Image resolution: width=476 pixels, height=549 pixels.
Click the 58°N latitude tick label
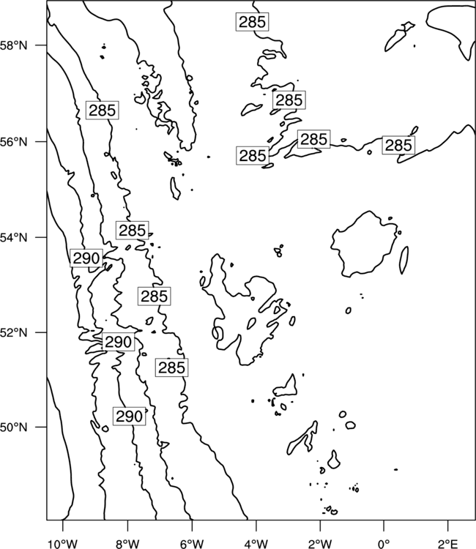coord(15,45)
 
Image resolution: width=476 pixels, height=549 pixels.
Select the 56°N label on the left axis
coord(15,142)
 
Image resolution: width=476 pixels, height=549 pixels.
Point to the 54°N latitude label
coord(15,238)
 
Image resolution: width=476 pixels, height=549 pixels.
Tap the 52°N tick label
coord(15,332)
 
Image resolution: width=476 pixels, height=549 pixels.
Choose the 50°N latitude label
coord(15,427)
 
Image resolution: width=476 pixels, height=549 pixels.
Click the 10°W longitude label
coord(63,544)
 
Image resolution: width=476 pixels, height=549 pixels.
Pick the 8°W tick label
coord(127,544)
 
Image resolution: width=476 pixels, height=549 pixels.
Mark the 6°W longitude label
coord(192,544)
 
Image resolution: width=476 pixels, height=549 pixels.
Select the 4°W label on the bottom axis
coord(256,544)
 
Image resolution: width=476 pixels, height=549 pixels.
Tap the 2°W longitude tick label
coord(320,544)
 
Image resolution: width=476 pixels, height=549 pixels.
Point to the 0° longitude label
coord(384,544)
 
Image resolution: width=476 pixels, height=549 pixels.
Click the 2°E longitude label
coord(448,544)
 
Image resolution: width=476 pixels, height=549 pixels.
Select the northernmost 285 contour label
coord(252,22)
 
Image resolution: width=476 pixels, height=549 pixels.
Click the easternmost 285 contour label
coord(398,145)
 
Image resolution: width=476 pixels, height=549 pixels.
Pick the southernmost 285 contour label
coord(171,367)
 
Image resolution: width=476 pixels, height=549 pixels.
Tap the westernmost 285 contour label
coord(103,111)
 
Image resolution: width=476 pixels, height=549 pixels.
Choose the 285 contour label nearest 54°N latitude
coord(133,231)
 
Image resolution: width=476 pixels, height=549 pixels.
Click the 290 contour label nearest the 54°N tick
coord(86,258)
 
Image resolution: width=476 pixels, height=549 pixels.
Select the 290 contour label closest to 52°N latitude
coord(119,342)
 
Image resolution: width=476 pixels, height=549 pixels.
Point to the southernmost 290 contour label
coord(129,417)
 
